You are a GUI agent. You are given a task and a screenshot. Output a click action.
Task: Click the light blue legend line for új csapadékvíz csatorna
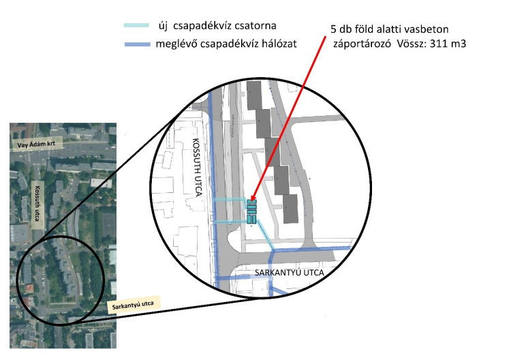point(136,25)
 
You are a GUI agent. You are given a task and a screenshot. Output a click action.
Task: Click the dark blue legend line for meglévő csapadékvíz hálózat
point(138,44)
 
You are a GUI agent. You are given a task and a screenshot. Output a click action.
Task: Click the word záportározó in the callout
point(362,44)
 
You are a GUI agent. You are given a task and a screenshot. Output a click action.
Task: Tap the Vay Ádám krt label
point(37,144)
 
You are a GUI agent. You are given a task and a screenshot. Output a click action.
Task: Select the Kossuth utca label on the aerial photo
point(37,203)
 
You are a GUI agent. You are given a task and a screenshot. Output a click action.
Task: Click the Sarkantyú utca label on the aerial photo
point(133,305)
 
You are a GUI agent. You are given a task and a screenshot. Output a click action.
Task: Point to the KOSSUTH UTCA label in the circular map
point(196,167)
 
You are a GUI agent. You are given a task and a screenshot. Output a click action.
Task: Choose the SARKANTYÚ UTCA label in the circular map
point(290,273)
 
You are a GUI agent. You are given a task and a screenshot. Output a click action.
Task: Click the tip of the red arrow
point(251,200)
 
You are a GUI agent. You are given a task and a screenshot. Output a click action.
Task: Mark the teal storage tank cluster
point(251,212)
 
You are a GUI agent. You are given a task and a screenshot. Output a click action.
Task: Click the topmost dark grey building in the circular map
point(254,95)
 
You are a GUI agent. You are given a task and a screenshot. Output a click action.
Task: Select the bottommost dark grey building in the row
point(290,209)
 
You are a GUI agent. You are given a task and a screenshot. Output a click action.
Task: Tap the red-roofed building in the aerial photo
point(29,288)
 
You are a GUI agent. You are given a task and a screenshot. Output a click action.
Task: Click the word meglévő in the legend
point(176,44)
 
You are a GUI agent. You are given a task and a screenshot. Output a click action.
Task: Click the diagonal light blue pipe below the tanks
point(266,234)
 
